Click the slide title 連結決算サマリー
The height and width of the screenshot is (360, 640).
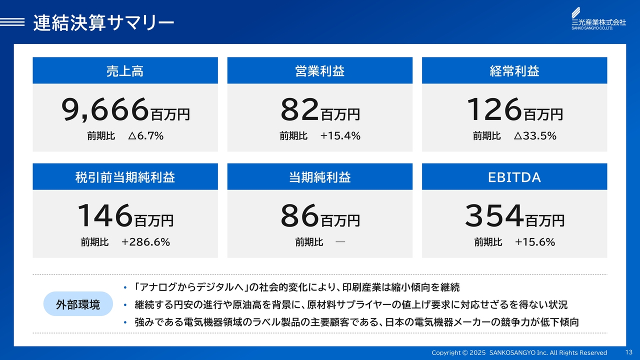pos(103,23)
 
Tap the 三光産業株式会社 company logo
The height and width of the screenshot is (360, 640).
pos(598,18)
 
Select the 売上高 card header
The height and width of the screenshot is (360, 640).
pos(125,70)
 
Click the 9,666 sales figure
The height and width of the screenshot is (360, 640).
pos(105,109)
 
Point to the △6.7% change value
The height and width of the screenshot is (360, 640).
pos(145,135)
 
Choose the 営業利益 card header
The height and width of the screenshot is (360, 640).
pos(319,70)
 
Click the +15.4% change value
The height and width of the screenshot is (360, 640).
pos(340,135)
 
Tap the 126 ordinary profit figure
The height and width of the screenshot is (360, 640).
pos(494,109)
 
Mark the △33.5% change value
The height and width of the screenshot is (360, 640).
pos(535,135)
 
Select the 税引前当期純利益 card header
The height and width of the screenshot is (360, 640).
pos(125,176)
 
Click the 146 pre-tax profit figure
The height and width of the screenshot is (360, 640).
pos(105,215)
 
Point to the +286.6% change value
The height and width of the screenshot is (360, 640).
pos(145,242)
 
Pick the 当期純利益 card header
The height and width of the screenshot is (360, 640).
pos(319,176)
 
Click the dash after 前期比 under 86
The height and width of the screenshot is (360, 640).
pos(340,242)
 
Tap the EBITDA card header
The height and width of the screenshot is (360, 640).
pos(514,176)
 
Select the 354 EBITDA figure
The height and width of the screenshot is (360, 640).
pos(494,215)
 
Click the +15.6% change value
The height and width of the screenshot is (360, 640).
pos(535,242)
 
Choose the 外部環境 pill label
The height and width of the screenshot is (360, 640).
pos(78,303)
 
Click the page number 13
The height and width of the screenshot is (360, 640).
pos(629,352)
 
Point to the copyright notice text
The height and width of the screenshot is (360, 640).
pos(519,352)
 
